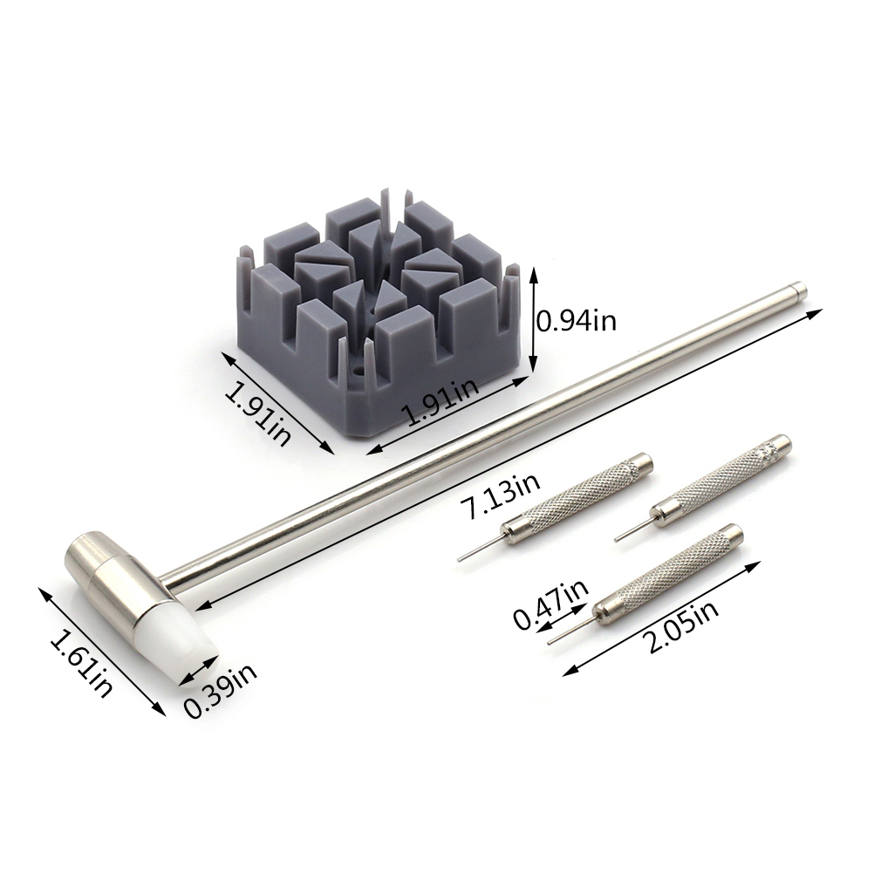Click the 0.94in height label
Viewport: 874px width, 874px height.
click(576, 322)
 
